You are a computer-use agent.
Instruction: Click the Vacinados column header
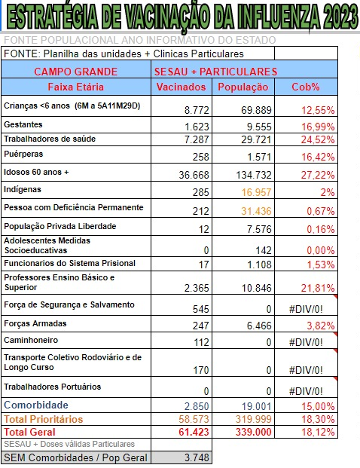[x=181, y=87]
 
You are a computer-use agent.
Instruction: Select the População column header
[x=243, y=87]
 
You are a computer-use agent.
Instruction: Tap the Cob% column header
[x=306, y=87]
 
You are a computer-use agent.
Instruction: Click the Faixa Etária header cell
[x=76, y=87]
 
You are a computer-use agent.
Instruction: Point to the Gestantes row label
[x=23, y=124]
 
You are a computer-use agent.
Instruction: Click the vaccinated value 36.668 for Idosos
[x=194, y=175]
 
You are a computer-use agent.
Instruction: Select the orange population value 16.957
[x=256, y=192]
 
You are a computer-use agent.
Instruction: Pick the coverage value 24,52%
[x=318, y=139]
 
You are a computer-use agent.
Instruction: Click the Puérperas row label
[x=23, y=154]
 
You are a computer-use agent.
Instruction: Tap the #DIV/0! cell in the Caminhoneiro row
[x=306, y=342]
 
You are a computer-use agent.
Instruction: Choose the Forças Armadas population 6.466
[x=259, y=326]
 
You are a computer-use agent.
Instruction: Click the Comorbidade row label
[x=36, y=405]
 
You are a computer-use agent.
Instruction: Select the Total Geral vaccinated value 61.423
[x=194, y=432]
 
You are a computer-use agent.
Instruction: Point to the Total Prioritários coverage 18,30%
[x=318, y=419]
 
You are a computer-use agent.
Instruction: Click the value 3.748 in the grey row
[x=197, y=457]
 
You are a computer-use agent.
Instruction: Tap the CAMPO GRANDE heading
[x=76, y=72]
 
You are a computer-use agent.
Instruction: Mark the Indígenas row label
[x=23, y=189]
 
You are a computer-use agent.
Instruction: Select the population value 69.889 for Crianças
[x=256, y=110]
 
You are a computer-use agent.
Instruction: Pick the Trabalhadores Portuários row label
[x=53, y=387]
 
